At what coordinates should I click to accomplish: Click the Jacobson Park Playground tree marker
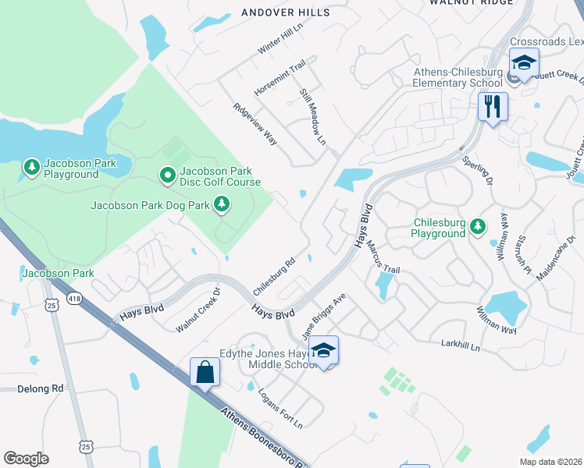(32, 167)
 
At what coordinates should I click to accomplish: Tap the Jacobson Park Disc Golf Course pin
(167, 176)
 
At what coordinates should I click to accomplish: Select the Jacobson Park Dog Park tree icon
(223, 205)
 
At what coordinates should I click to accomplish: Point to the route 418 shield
(74, 298)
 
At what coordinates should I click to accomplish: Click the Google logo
(26, 459)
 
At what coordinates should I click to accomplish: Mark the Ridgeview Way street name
(255, 123)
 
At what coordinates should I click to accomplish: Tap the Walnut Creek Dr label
(198, 310)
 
